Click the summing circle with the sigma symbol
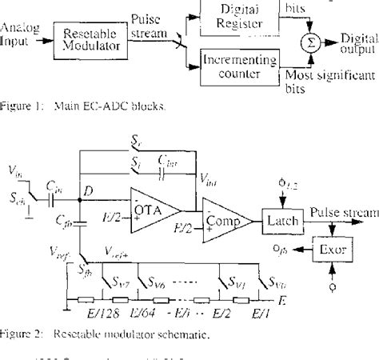pos(305,41)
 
